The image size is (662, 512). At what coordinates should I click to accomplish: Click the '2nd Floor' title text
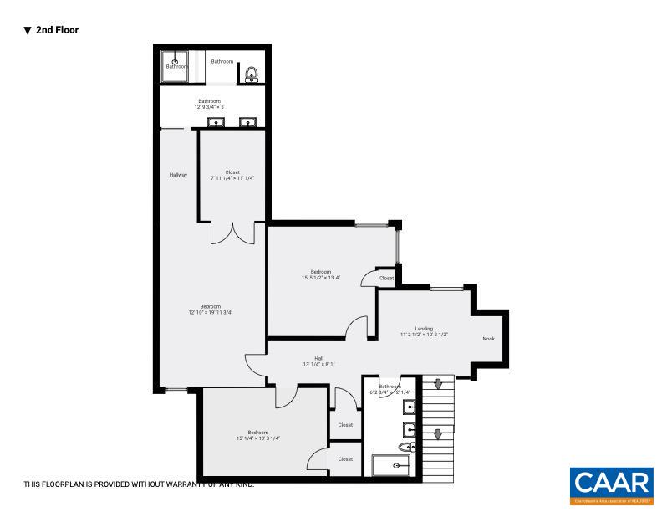[57, 30]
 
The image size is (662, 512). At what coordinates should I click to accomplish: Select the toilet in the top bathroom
[251, 75]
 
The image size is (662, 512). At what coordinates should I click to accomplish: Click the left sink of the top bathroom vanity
[216, 123]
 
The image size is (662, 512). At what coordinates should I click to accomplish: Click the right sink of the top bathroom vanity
[247, 123]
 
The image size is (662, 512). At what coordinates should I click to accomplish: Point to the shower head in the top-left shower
[176, 59]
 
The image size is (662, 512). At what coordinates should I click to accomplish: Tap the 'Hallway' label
[178, 175]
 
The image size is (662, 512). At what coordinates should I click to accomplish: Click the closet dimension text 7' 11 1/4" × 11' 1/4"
[232, 178]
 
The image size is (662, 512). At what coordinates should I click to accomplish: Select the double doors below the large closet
[232, 233]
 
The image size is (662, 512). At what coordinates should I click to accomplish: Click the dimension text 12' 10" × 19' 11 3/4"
[210, 312]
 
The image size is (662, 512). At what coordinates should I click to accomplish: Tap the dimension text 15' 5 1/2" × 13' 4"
[321, 278]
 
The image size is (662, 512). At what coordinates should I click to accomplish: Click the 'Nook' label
[489, 339]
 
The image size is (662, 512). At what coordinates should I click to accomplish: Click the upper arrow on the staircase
[437, 385]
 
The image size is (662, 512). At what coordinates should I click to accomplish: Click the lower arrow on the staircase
[437, 433]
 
